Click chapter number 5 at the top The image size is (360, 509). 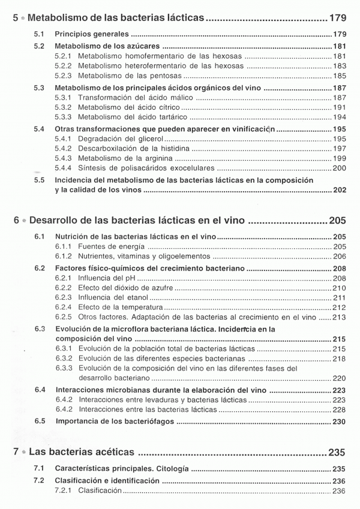pyautogui.click(x=17, y=17)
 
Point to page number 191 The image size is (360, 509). pyautogui.click(x=339, y=107)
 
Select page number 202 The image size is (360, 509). pyautogui.click(x=339, y=190)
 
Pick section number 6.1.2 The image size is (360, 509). pyautogui.click(x=64, y=257)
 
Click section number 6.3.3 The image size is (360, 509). pyautogui.click(x=64, y=369)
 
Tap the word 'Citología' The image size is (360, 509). pyautogui.click(x=167, y=468)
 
